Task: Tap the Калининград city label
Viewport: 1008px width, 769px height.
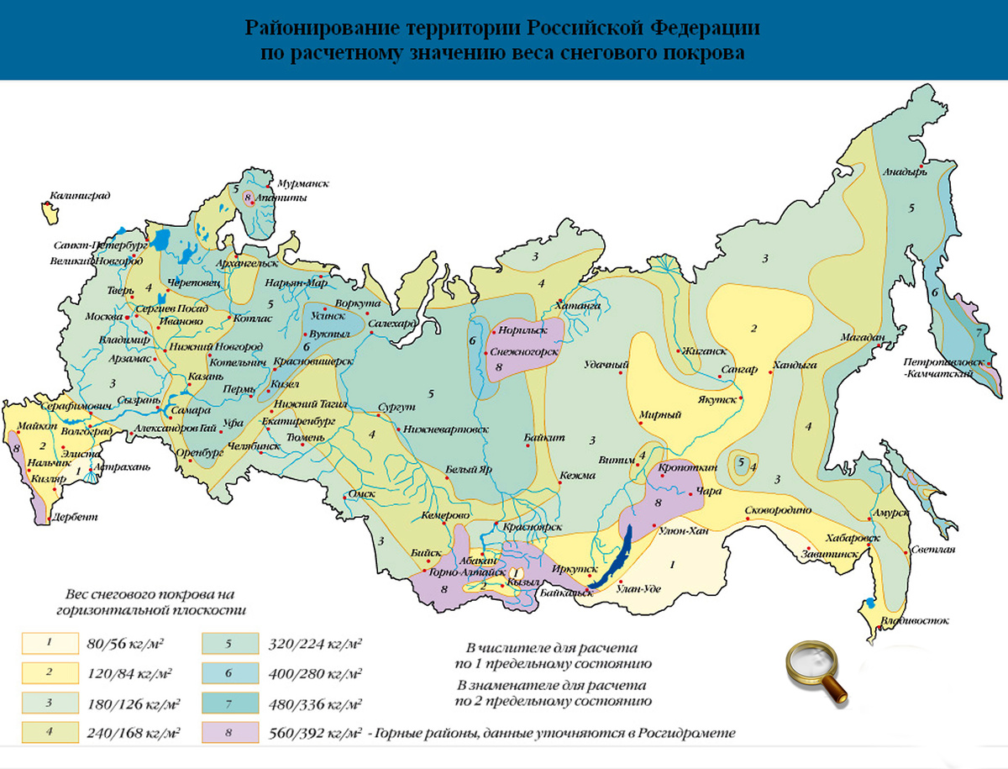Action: (79, 195)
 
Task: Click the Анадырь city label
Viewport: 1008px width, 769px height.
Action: (905, 173)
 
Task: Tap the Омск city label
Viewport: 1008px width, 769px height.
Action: (360, 493)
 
